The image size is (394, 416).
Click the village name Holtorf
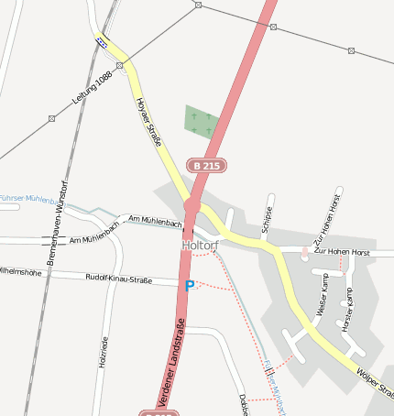(x=198, y=246)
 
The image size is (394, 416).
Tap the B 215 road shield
(x=207, y=166)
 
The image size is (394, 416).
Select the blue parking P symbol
(x=190, y=286)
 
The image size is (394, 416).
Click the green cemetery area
(x=202, y=122)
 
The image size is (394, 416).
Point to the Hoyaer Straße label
(x=149, y=122)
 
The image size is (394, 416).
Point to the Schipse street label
(x=268, y=217)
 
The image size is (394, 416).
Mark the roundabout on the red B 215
(x=192, y=206)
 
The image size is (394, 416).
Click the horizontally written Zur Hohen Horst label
(x=341, y=250)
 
